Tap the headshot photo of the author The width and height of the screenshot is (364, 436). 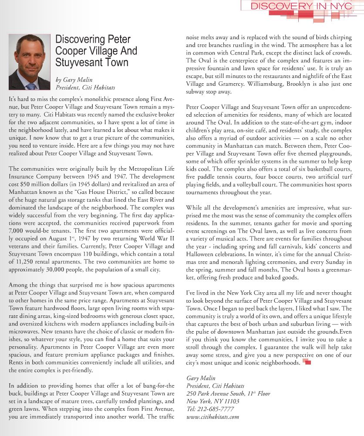pyautogui.click(x=29, y=61)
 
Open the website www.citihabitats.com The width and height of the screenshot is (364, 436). pyautogui.click(x=212, y=417)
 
